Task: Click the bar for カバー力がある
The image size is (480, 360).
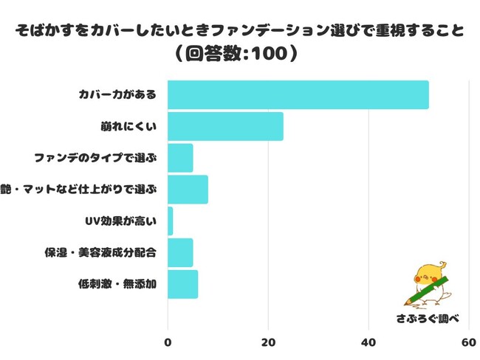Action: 298,95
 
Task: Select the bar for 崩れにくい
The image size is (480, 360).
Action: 225,126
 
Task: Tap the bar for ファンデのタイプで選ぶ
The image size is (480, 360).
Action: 180,158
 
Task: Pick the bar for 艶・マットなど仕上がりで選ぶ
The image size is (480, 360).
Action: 188,190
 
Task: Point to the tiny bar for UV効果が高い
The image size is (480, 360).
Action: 171,221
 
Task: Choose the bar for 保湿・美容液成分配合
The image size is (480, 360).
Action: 180,252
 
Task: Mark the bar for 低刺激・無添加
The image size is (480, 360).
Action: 182,284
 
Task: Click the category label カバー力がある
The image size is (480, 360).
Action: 117,95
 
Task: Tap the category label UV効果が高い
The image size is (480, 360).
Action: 120,221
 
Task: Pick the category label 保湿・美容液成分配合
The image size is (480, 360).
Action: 100,252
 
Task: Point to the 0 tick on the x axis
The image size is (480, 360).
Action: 168,342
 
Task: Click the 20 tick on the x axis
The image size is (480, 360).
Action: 268,342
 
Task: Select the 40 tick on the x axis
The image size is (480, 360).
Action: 368,342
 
